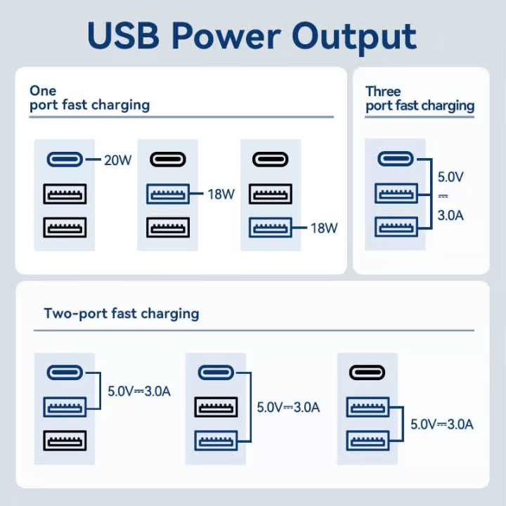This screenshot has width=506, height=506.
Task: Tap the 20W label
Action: [117, 160]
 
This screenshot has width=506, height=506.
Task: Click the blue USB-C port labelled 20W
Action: [65, 160]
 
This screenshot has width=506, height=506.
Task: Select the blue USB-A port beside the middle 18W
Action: [168, 194]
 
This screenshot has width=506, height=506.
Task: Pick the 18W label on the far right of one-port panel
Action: [324, 228]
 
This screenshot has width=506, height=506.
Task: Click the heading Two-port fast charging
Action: [122, 313]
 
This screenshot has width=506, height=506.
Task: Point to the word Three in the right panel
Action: [383, 91]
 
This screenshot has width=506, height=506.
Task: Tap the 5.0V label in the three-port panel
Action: [450, 176]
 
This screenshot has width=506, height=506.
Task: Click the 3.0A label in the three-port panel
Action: [450, 215]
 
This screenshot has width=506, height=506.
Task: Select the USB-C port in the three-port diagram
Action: [396, 159]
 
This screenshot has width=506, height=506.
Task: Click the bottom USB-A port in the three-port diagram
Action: [396, 226]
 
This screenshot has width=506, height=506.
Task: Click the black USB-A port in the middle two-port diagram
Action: [216, 406]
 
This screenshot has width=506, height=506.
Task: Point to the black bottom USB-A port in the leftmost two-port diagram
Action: [65, 441]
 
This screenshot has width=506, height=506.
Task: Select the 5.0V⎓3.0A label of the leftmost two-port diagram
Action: [138, 391]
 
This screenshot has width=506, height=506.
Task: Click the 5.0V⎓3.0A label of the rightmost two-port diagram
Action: [442, 424]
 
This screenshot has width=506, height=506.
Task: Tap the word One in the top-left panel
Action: [42, 91]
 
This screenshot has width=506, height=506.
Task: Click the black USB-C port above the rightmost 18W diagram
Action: [271, 160]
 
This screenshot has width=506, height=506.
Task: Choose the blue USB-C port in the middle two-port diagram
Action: [216, 372]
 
